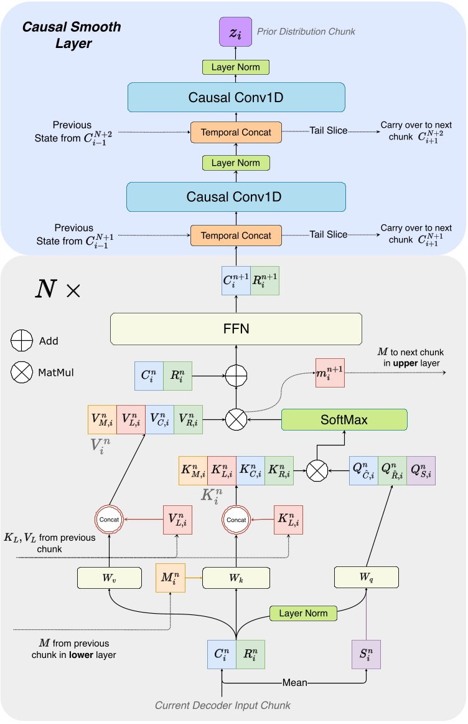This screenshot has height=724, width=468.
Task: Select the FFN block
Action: (236, 328)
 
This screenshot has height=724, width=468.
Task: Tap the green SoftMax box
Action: (344, 420)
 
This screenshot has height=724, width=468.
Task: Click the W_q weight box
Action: (367, 578)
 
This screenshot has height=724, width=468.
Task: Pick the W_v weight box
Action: (110, 578)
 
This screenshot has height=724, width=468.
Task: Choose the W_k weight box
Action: (236, 578)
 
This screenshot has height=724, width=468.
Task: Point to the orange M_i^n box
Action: (171, 578)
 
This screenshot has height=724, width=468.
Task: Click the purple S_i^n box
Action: (367, 655)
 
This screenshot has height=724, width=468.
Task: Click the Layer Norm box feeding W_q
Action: (303, 613)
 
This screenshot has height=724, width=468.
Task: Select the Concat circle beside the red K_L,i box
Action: (236, 520)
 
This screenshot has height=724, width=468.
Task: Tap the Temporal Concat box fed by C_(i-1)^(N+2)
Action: (236, 131)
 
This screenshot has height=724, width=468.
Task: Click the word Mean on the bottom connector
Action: (295, 682)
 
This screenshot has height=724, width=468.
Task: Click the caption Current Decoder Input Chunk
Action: (222, 705)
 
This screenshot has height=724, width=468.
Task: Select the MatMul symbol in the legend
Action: (23, 373)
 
